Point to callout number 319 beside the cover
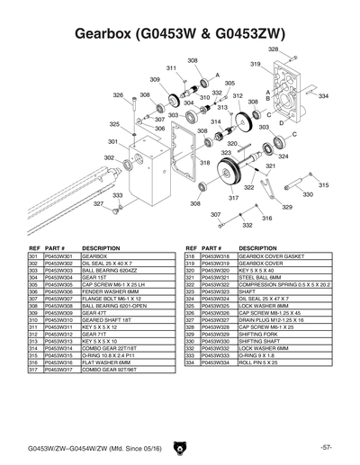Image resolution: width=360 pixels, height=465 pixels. [x=256, y=64]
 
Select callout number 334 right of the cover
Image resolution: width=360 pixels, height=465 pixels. [x=323, y=95]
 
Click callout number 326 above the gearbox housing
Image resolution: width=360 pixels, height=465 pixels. [x=118, y=94]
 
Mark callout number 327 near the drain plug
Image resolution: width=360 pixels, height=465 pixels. [x=99, y=204]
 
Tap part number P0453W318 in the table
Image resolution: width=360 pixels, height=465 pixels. [x=214, y=256]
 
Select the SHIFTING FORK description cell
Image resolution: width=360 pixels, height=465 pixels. [x=261, y=335]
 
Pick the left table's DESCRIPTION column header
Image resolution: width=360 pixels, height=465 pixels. [x=101, y=247]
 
